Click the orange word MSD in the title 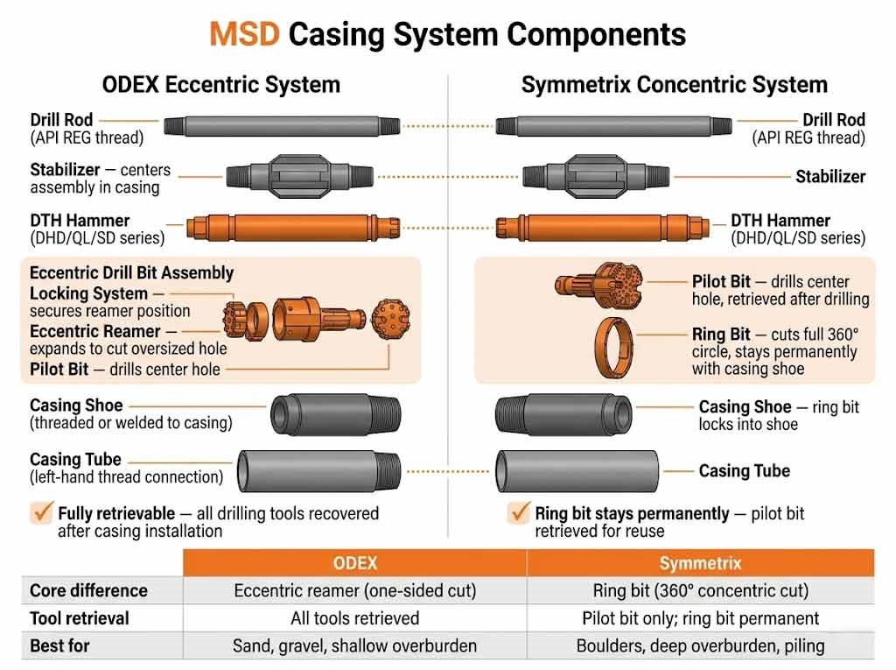(x=244, y=34)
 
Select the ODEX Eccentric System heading (x=220, y=85)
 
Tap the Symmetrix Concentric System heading (x=674, y=85)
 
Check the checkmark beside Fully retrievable (x=41, y=513)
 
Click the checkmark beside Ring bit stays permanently (x=519, y=513)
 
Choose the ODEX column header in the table (x=354, y=563)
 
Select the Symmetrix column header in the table (x=700, y=563)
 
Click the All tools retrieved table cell (x=354, y=618)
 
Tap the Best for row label (x=60, y=646)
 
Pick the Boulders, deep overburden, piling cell (x=700, y=646)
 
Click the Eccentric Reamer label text (x=95, y=332)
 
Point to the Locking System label (x=88, y=293)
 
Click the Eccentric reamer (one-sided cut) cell (x=354, y=590)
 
